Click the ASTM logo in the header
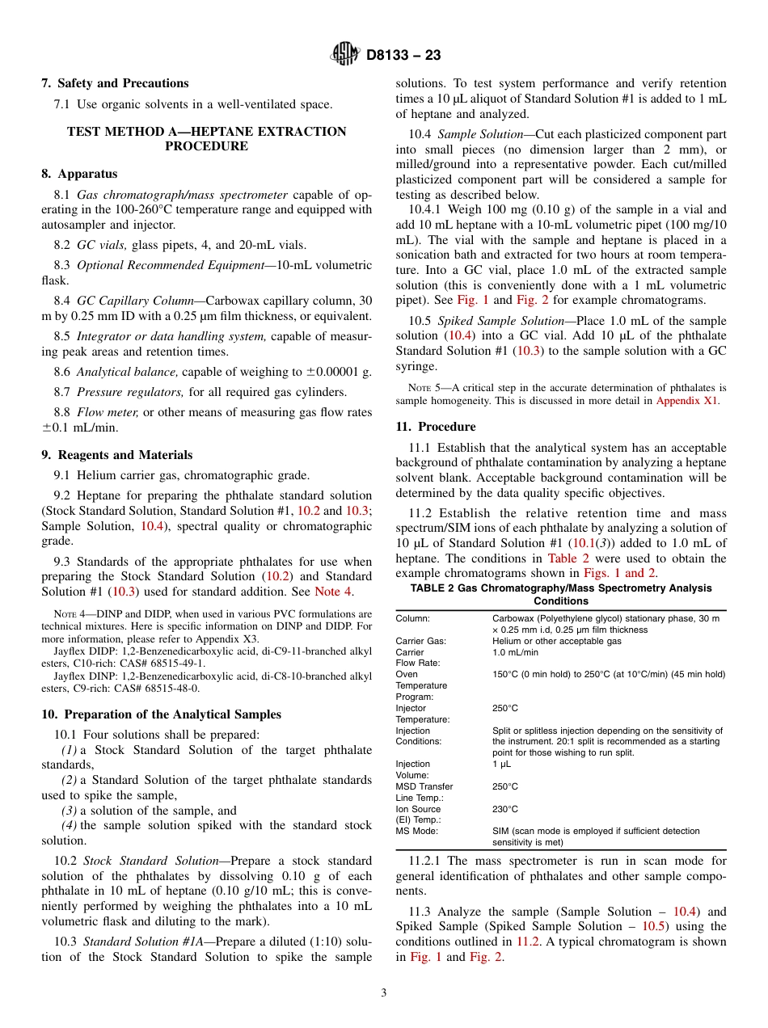coord(345,55)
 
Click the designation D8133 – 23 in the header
coord(403,56)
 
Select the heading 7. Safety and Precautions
coord(115,83)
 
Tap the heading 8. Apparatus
coord(79,174)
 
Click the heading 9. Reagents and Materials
coord(117,455)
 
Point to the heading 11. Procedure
coord(435,427)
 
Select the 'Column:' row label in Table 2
coord(414,618)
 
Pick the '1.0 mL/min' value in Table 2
coord(515,652)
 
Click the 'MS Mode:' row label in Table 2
coord(416,831)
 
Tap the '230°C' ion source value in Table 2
coord(504,809)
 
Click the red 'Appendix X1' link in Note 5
coord(686,401)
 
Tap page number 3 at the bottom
coord(384,993)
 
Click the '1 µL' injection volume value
coord(501,764)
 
